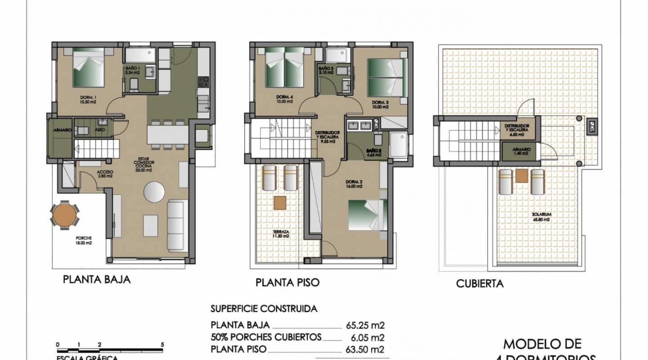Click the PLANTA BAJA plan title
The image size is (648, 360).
pyautogui.click(x=97, y=279)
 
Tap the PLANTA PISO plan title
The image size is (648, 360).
pyautogui.click(x=288, y=283)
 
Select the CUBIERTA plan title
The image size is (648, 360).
pyautogui.click(x=480, y=283)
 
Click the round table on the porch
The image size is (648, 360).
pyautogui.click(x=65, y=215)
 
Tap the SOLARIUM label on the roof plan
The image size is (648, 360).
pyautogui.click(x=540, y=217)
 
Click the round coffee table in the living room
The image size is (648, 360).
pyautogui.click(x=154, y=192)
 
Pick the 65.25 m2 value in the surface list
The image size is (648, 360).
pyautogui.click(x=365, y=325)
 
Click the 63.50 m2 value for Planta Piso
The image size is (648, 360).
pyautogui.click(x=365, y=349)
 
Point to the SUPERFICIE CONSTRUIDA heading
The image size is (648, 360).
pyautogui.click(x=264, y=309)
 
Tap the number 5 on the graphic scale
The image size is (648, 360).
pyautogui.click(x=162, y=345)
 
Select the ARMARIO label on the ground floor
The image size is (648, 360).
pyautogui.click(x=62, y=130)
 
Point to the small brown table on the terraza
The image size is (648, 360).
pyautogui.click(x=280, y=203)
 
